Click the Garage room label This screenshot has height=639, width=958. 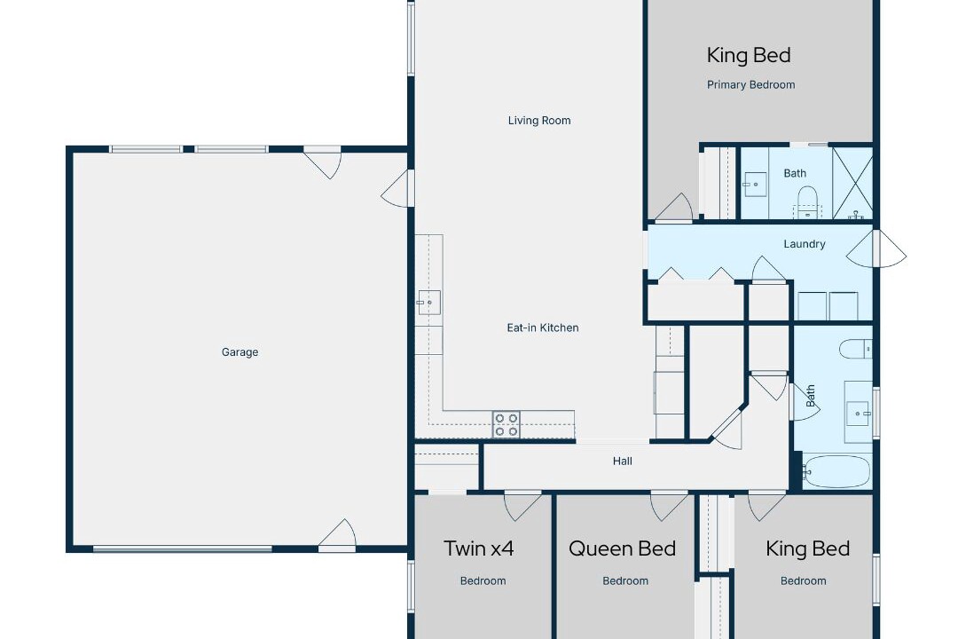coord(239,352)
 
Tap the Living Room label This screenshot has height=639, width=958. coord(539,121)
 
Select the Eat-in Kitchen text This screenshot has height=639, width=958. coord(543,327)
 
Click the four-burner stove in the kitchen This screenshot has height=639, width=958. coord(506,424)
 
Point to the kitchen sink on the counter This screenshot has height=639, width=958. coord(429,303)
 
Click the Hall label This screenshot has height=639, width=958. coord(623,461)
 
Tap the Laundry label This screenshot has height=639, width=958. coord(804,244)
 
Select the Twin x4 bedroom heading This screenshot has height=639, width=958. coord(478,548)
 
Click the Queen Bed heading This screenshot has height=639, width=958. coord(622,548)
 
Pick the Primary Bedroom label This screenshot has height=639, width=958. coord(751,85)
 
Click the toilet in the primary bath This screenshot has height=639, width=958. coord(808,201)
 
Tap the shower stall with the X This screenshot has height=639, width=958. coord(852,183)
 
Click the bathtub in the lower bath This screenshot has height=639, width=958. coord(836,471)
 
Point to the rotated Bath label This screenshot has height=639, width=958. coord(811,396)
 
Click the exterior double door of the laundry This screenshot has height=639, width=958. coord(876,248)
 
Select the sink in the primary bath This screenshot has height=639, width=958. coord(755,184)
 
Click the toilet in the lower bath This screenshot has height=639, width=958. coord(855,349)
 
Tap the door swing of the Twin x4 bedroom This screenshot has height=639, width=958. coord(522,506)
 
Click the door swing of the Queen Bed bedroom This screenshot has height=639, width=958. coord(669,506)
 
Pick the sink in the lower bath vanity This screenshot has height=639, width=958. coord(858,414)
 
